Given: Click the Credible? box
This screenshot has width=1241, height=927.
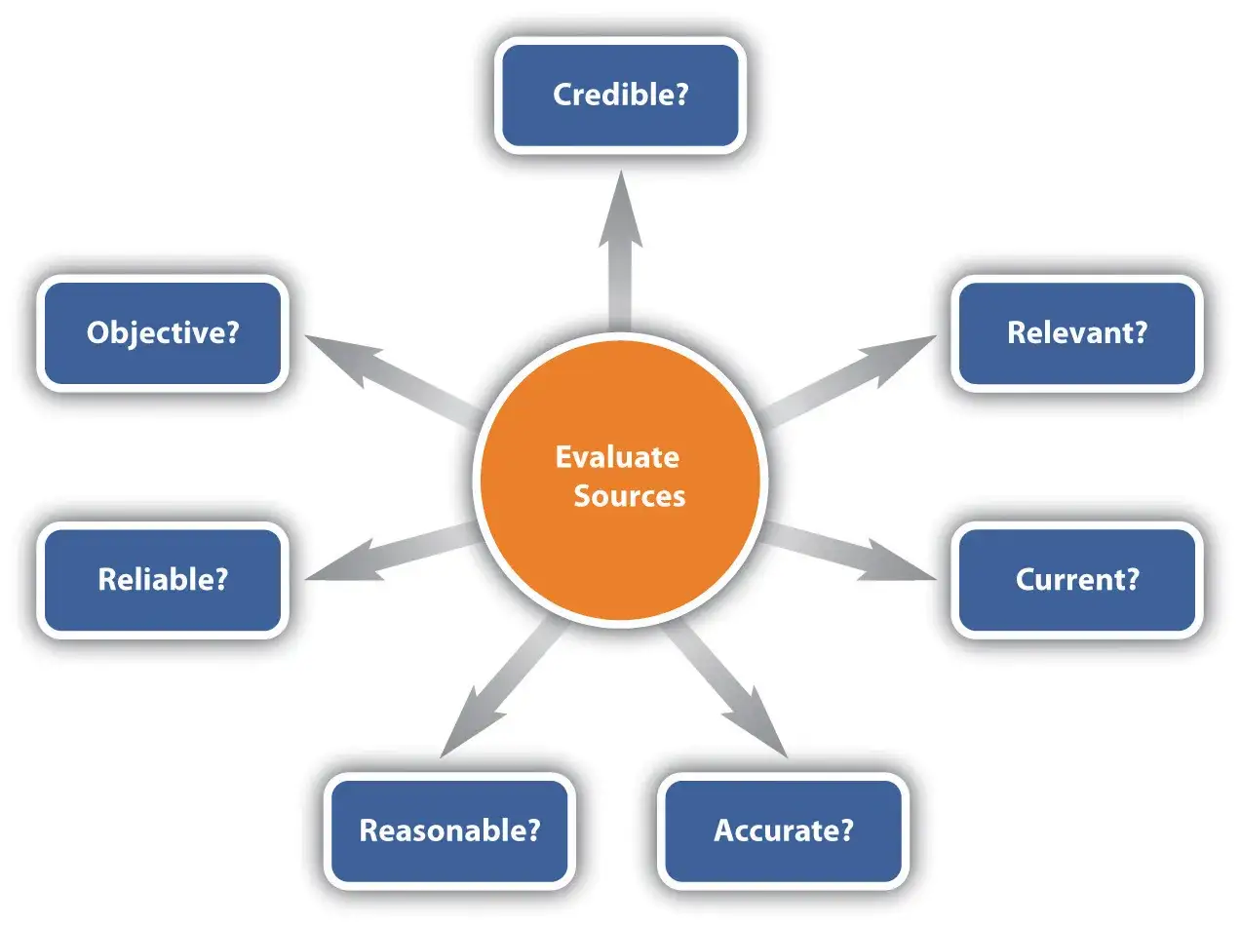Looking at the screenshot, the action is [620, 95].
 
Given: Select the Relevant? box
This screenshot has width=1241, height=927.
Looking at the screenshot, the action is [1076, 333].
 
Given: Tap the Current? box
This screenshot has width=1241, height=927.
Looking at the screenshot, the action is [1076, 580].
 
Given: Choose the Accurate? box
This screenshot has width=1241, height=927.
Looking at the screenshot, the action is [783, 830].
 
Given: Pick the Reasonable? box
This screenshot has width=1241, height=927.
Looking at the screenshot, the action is [449, 830].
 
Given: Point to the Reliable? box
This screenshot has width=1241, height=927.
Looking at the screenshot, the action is [163, 580].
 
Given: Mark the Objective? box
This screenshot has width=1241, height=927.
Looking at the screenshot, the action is [163, 333].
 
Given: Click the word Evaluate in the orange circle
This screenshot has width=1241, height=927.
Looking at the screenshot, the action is [617, 457].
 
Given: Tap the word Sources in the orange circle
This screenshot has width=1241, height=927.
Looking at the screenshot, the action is [629, 496].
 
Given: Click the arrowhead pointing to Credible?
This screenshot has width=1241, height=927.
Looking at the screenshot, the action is [620, 210].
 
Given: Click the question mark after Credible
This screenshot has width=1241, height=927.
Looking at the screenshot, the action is [681, 95].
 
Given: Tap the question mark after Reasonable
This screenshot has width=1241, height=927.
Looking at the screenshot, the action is [532, 830].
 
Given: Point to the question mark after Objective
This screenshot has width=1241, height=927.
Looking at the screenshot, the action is [232, 333].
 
